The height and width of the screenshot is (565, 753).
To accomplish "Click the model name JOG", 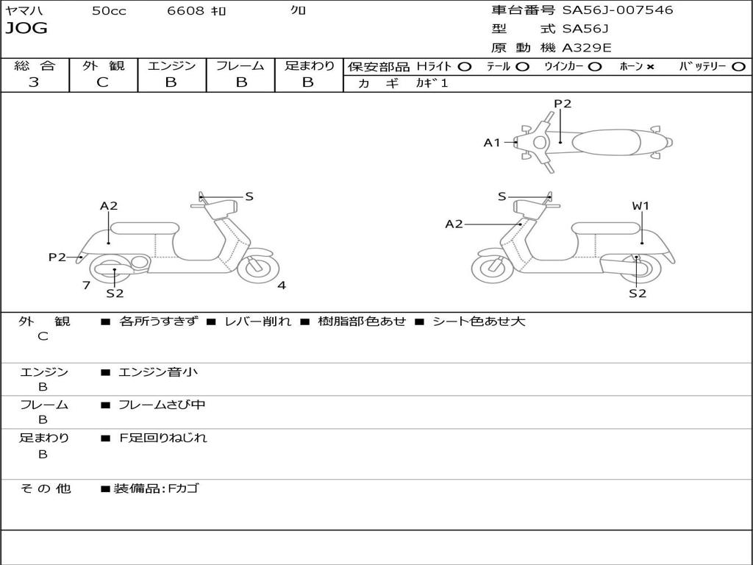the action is tap(26, 29).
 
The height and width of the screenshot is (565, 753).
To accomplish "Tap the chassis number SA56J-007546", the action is tap(618, 10).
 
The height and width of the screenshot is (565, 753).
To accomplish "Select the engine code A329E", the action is tap(587, 49).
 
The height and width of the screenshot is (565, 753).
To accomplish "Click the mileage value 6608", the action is tap(185, 11).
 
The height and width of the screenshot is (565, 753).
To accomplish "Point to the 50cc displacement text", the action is tap(109, 11).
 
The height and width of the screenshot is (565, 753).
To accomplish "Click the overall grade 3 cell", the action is tap(34, 82).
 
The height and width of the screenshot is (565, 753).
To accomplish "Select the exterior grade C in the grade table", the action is tap(103, 82).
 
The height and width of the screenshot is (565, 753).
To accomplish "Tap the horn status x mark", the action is tap(650, 67).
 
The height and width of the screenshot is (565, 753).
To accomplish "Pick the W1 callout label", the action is tap(640, 206).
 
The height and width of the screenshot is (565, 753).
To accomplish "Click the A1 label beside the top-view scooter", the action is tap(491, 143).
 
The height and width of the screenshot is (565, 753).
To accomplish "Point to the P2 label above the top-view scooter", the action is tap(563, 104).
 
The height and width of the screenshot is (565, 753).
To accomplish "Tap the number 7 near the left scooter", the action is tap(86, 285).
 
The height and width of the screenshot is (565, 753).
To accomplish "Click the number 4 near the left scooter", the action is tap(282, 285).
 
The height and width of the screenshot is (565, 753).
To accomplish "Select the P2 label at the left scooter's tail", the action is tap(57, 257).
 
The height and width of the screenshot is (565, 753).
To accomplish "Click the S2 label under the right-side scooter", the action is tap(638, 293).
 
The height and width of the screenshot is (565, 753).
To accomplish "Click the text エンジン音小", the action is tap(158, 372).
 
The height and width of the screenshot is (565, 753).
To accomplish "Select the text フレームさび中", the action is tap(162, 405).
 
